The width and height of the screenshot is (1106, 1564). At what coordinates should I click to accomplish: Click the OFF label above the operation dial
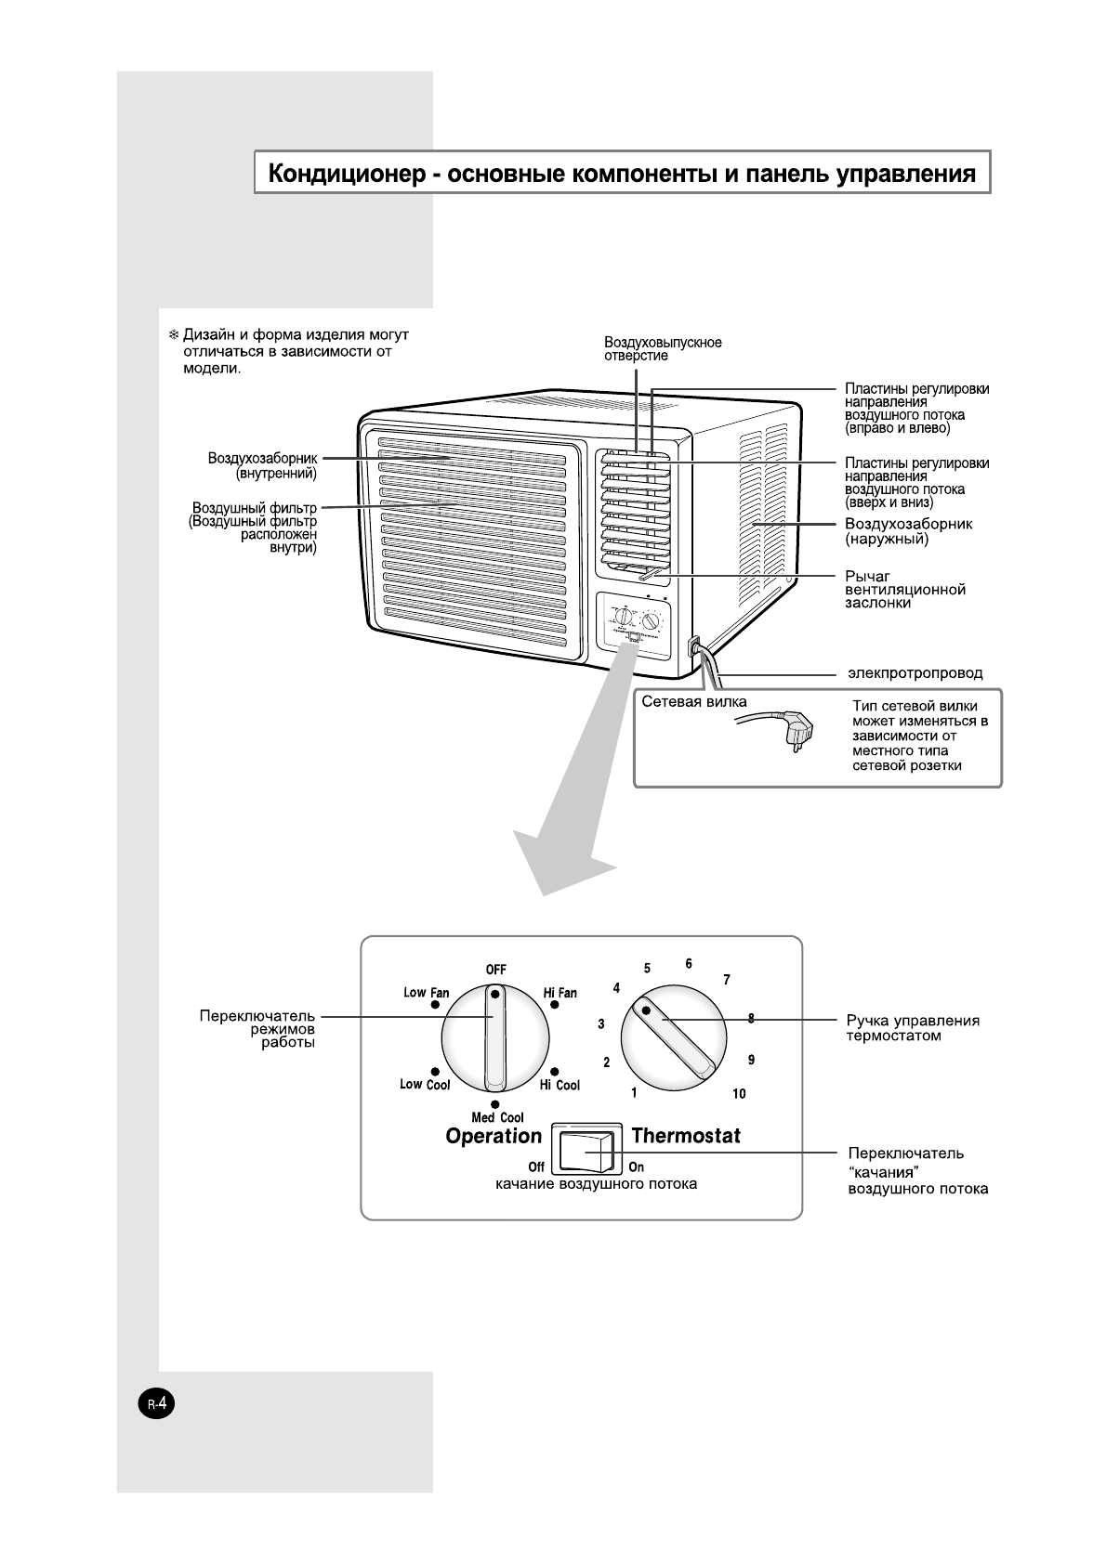tap(495, 969)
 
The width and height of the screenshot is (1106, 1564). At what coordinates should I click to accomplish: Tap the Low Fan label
tap(426, 993)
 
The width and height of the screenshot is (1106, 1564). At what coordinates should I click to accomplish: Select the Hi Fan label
tap(560, 993)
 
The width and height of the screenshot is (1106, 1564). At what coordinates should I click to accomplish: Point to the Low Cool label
tap(425, 1085)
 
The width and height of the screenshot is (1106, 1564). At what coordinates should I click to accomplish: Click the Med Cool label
tap(497, 1118)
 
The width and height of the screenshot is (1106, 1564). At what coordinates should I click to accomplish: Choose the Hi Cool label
tap(560, 1085)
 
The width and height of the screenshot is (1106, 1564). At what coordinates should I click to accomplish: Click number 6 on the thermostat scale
tap(689, 964)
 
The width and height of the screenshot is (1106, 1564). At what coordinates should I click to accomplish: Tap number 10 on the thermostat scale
tap(739, 1094)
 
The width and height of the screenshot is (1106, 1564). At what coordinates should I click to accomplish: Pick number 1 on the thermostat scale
tap(635, 1093)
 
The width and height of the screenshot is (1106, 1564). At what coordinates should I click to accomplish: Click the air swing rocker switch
tap(586, 1151)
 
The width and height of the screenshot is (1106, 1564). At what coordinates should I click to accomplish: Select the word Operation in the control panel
tap(494, 1136)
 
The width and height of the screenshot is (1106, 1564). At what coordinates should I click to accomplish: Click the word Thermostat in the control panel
tap(686, 1136)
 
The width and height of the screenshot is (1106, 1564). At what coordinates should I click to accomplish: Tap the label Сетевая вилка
tap(693, 702)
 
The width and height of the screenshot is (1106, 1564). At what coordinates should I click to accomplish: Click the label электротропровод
tap(915, 672)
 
